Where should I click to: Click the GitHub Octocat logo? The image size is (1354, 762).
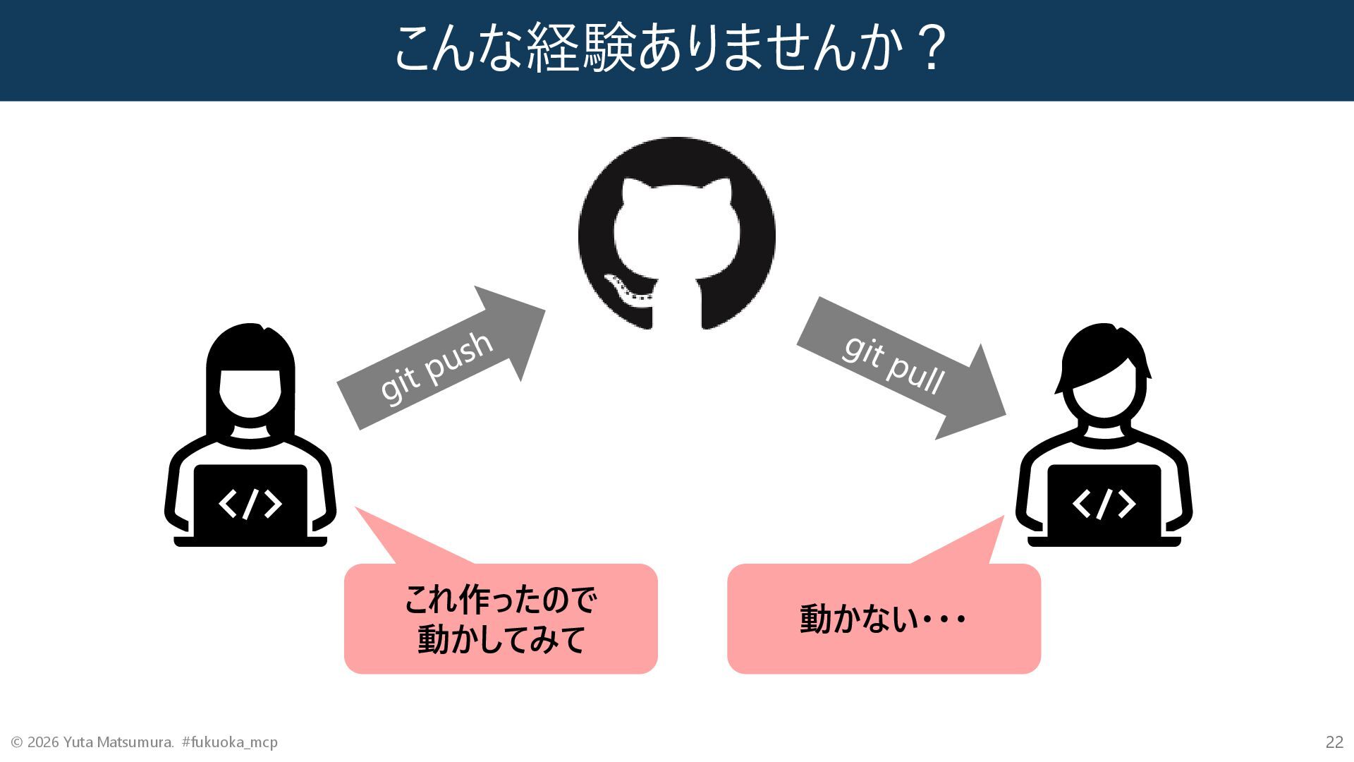tap(676, 234)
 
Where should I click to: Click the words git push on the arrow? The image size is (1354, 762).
tap(436, 367)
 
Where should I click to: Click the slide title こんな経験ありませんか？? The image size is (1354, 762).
tap(670, 48)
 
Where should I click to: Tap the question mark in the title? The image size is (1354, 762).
tap(932, 48)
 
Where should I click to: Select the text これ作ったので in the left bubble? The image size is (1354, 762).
tap(501, 600)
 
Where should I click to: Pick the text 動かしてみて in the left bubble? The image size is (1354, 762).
tap(501, 639)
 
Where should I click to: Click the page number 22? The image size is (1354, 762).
tap(1334, 742)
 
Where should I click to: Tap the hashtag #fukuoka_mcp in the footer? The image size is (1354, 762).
tap(230, 742)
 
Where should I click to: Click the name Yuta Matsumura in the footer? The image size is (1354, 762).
tap(118, 742)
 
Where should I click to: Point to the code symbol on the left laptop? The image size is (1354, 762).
tap(250, 504)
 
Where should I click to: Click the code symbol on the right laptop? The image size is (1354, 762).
tap(1104, 504)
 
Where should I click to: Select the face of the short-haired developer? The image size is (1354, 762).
tap(1104, 395)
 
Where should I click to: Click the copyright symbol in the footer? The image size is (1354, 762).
tap(17, 742)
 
